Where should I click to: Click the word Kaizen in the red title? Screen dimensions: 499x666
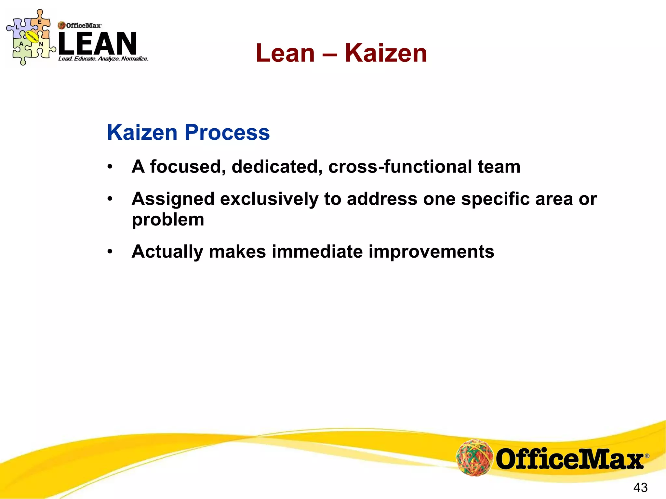tap(386, 53)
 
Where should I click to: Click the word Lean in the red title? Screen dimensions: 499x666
tap(285, 53)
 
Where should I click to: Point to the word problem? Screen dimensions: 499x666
tap(168, 220)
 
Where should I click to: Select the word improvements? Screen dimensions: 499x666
tap(431, 252)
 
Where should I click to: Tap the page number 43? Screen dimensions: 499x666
tap(640, 487)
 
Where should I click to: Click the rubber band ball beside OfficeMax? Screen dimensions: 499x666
tap(474, 457)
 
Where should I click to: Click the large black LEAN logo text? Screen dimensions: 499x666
tap(98, 44)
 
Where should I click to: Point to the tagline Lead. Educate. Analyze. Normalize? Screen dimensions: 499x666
tap(103, 59)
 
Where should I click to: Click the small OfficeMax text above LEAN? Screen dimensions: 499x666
tap(83, 25)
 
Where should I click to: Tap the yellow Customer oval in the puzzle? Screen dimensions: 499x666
tap(32, 37)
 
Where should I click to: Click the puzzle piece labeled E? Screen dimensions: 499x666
tap(40, 23)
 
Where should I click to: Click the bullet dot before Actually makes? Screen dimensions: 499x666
tap(110, 251)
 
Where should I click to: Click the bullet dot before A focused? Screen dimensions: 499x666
tap(110, 167)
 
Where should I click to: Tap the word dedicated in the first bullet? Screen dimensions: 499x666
tap(277, 167)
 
